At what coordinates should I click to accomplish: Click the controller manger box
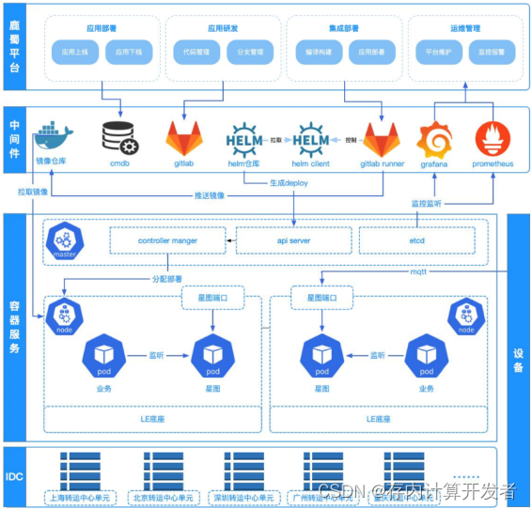click(x=167, y=240)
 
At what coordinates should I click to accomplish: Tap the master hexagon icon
click(x=65, y=241)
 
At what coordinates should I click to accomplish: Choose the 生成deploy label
click(x=289, y=182)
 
